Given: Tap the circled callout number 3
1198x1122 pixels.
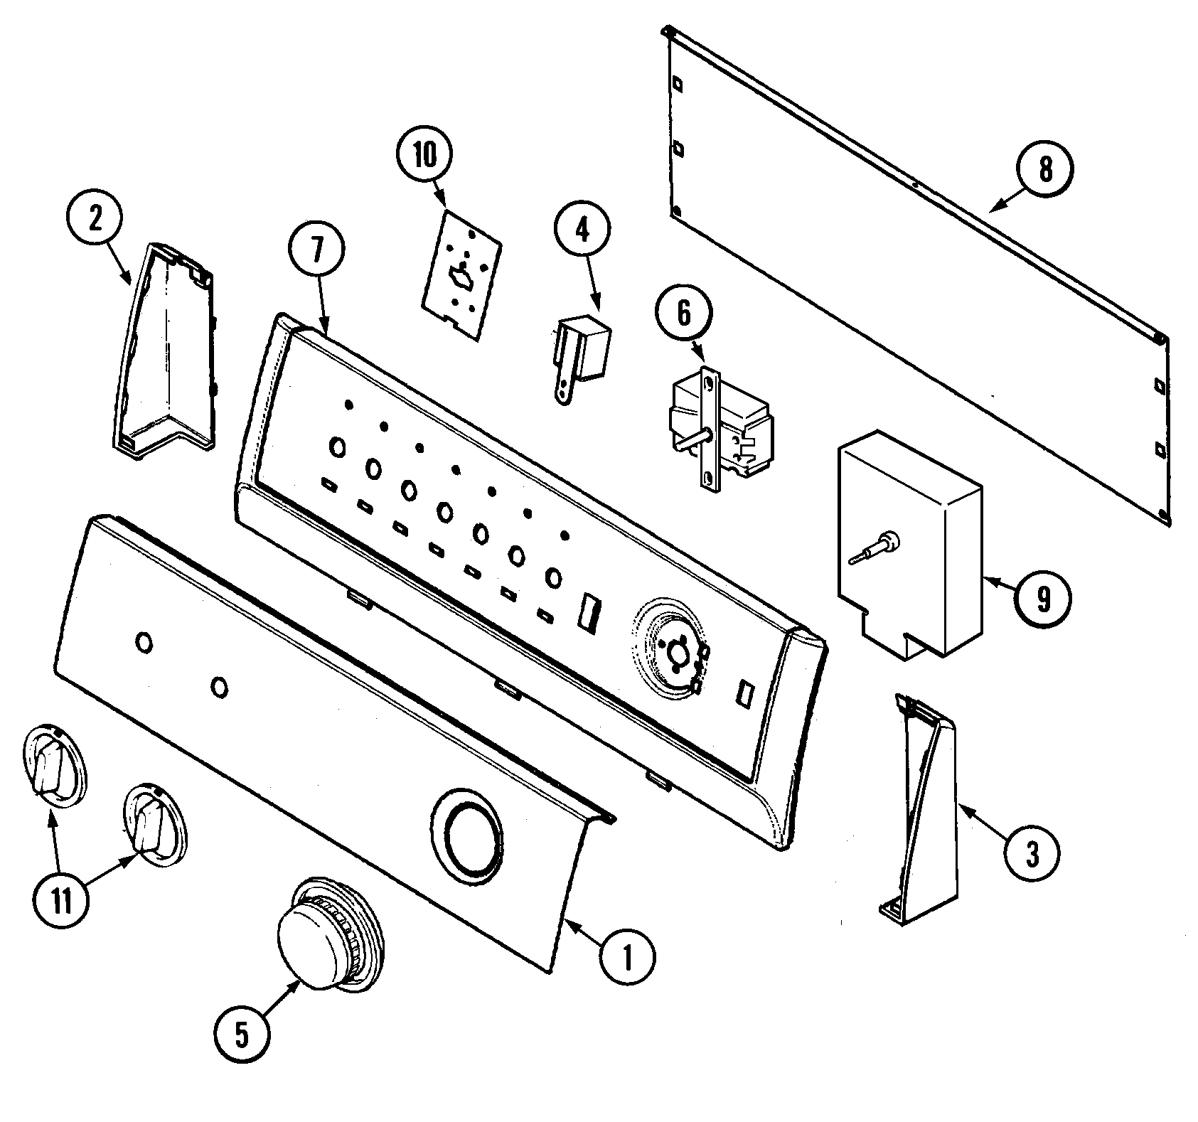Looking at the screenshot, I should [x=1032, y=853].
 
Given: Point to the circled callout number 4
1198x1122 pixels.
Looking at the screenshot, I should [x=582, y=230].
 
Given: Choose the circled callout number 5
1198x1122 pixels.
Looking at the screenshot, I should [x=242, y=1037].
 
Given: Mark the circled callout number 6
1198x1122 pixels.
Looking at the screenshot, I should [x=683, y=314].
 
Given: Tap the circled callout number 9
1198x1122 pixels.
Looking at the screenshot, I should [x=1042, y=600].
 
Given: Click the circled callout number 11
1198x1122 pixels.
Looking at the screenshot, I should [x=61, y=902].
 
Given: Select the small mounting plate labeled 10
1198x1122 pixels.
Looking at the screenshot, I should [x=461, y=274].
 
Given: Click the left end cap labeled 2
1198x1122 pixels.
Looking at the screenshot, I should [x=167, y=348].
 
